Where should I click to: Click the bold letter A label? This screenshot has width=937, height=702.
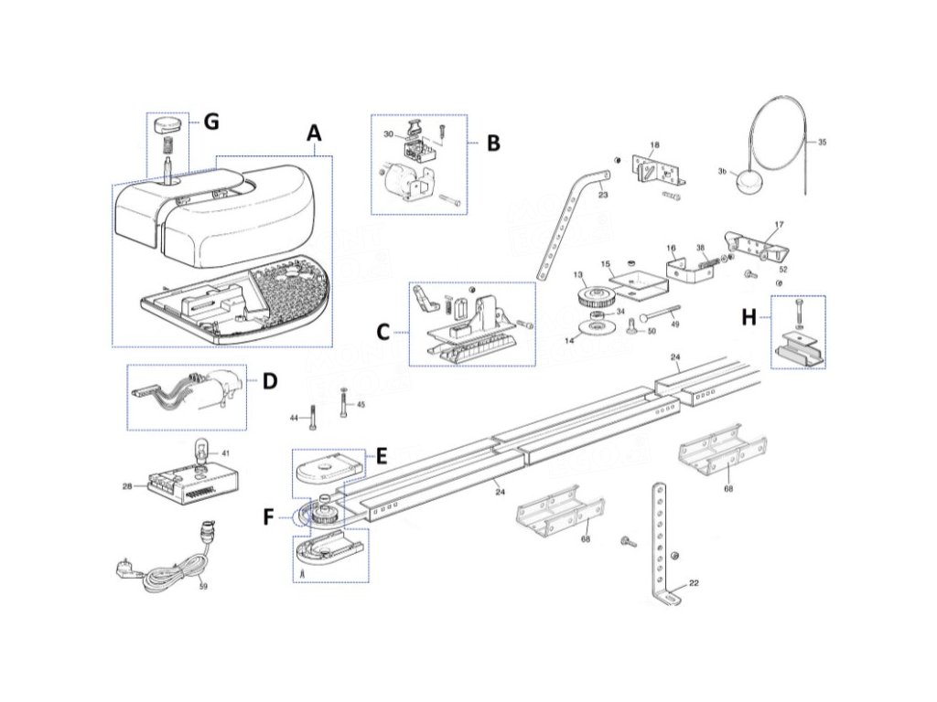point(314,133)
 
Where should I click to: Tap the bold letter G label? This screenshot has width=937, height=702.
point(211,122)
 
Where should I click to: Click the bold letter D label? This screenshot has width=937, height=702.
point(269,380)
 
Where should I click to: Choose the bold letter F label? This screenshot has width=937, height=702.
point(268,516)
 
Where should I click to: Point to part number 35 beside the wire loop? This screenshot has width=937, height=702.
point(821,143)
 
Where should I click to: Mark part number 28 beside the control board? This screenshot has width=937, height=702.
point(126,486)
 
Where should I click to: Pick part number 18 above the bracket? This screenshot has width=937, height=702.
point(654,145)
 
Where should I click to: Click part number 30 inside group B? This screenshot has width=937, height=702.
point(388,134)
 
